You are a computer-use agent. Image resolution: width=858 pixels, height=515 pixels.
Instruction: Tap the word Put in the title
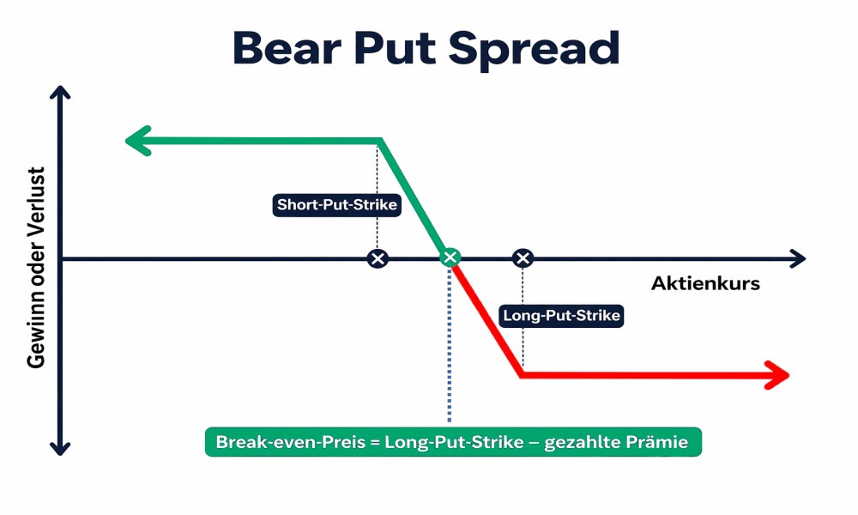click(395, 48)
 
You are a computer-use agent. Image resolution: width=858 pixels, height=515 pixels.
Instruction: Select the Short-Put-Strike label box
click(336, 204)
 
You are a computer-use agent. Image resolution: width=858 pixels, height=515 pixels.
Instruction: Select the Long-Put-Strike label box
click(561, 316)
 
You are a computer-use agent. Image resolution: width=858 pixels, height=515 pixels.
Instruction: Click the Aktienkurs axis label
click(705, 283)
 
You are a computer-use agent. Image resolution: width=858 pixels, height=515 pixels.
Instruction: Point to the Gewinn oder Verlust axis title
click(36, 268)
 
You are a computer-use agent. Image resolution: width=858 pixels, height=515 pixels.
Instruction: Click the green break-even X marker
click(450, 257)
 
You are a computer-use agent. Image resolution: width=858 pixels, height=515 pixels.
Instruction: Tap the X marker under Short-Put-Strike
click(378, 258)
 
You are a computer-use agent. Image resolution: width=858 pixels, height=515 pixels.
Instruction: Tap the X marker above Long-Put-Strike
click(523, 258)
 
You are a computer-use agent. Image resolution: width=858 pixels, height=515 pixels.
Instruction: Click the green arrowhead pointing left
click(138, 142)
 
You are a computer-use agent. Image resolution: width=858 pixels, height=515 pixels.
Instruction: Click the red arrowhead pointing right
click(777, 375)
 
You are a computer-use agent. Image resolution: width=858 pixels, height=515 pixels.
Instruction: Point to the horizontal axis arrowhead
click(798, 258)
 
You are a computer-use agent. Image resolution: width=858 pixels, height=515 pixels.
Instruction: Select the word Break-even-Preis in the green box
click(291, 442)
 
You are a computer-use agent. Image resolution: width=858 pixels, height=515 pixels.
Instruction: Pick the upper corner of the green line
click(380, 142)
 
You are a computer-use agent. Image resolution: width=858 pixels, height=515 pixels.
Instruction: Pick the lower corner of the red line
click(522, 375)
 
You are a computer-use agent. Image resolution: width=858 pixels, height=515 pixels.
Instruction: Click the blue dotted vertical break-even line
click(450, 345)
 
